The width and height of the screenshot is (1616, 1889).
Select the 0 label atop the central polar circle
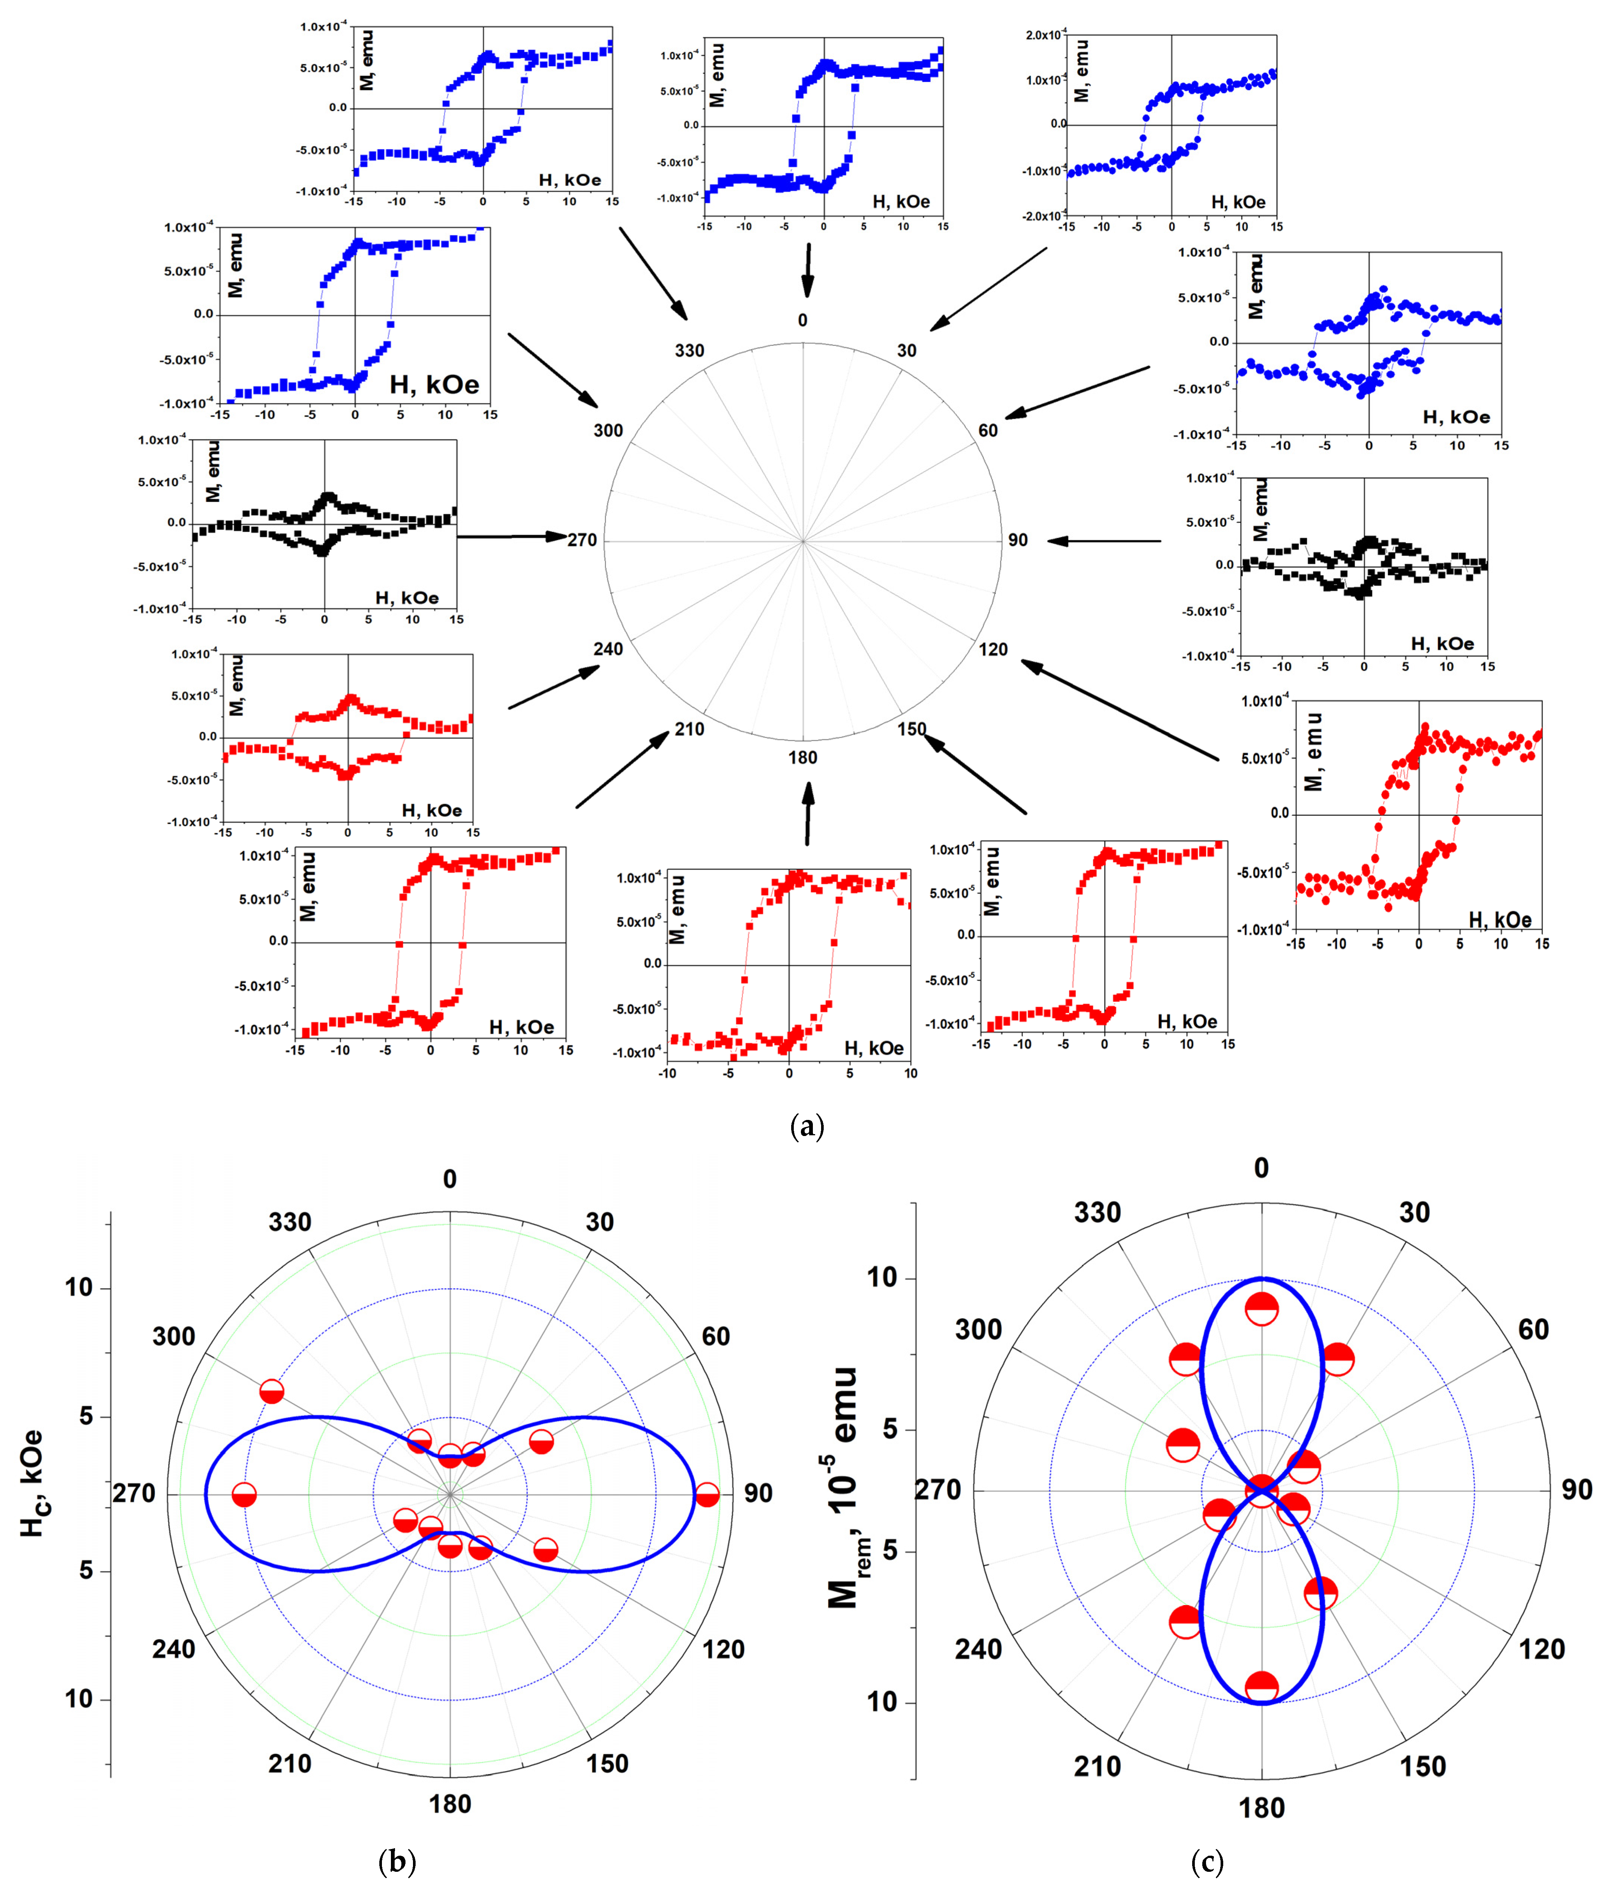point(802,320)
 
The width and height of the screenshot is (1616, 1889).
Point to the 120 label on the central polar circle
point(993,649)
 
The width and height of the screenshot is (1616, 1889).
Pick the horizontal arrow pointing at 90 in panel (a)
point(1104,541)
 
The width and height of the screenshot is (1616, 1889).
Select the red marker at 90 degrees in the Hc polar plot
point(707,1495)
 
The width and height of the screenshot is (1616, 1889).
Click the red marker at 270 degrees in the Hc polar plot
point(244,1495)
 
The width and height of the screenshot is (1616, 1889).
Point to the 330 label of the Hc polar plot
point(290,1222)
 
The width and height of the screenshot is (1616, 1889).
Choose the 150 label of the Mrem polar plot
point(1423,1767)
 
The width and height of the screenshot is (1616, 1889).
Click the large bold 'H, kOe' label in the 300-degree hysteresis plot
point(434,385)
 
